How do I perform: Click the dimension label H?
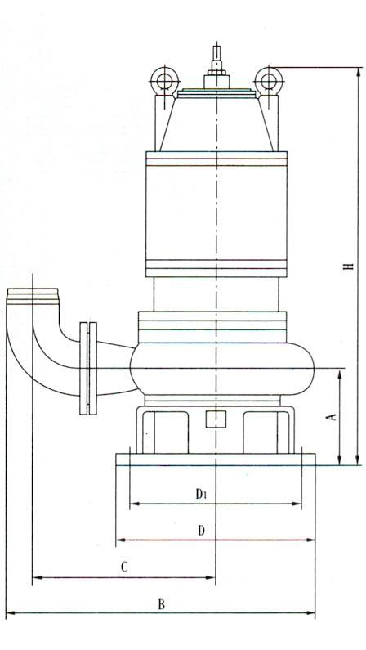(350, 265)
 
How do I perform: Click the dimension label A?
(332, 417)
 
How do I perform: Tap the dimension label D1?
(201, 494)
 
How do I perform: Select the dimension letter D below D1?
(201, 530)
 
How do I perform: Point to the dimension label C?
(124, 567)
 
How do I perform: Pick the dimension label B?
(162, 604)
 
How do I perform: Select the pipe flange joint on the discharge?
(88, 368)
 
